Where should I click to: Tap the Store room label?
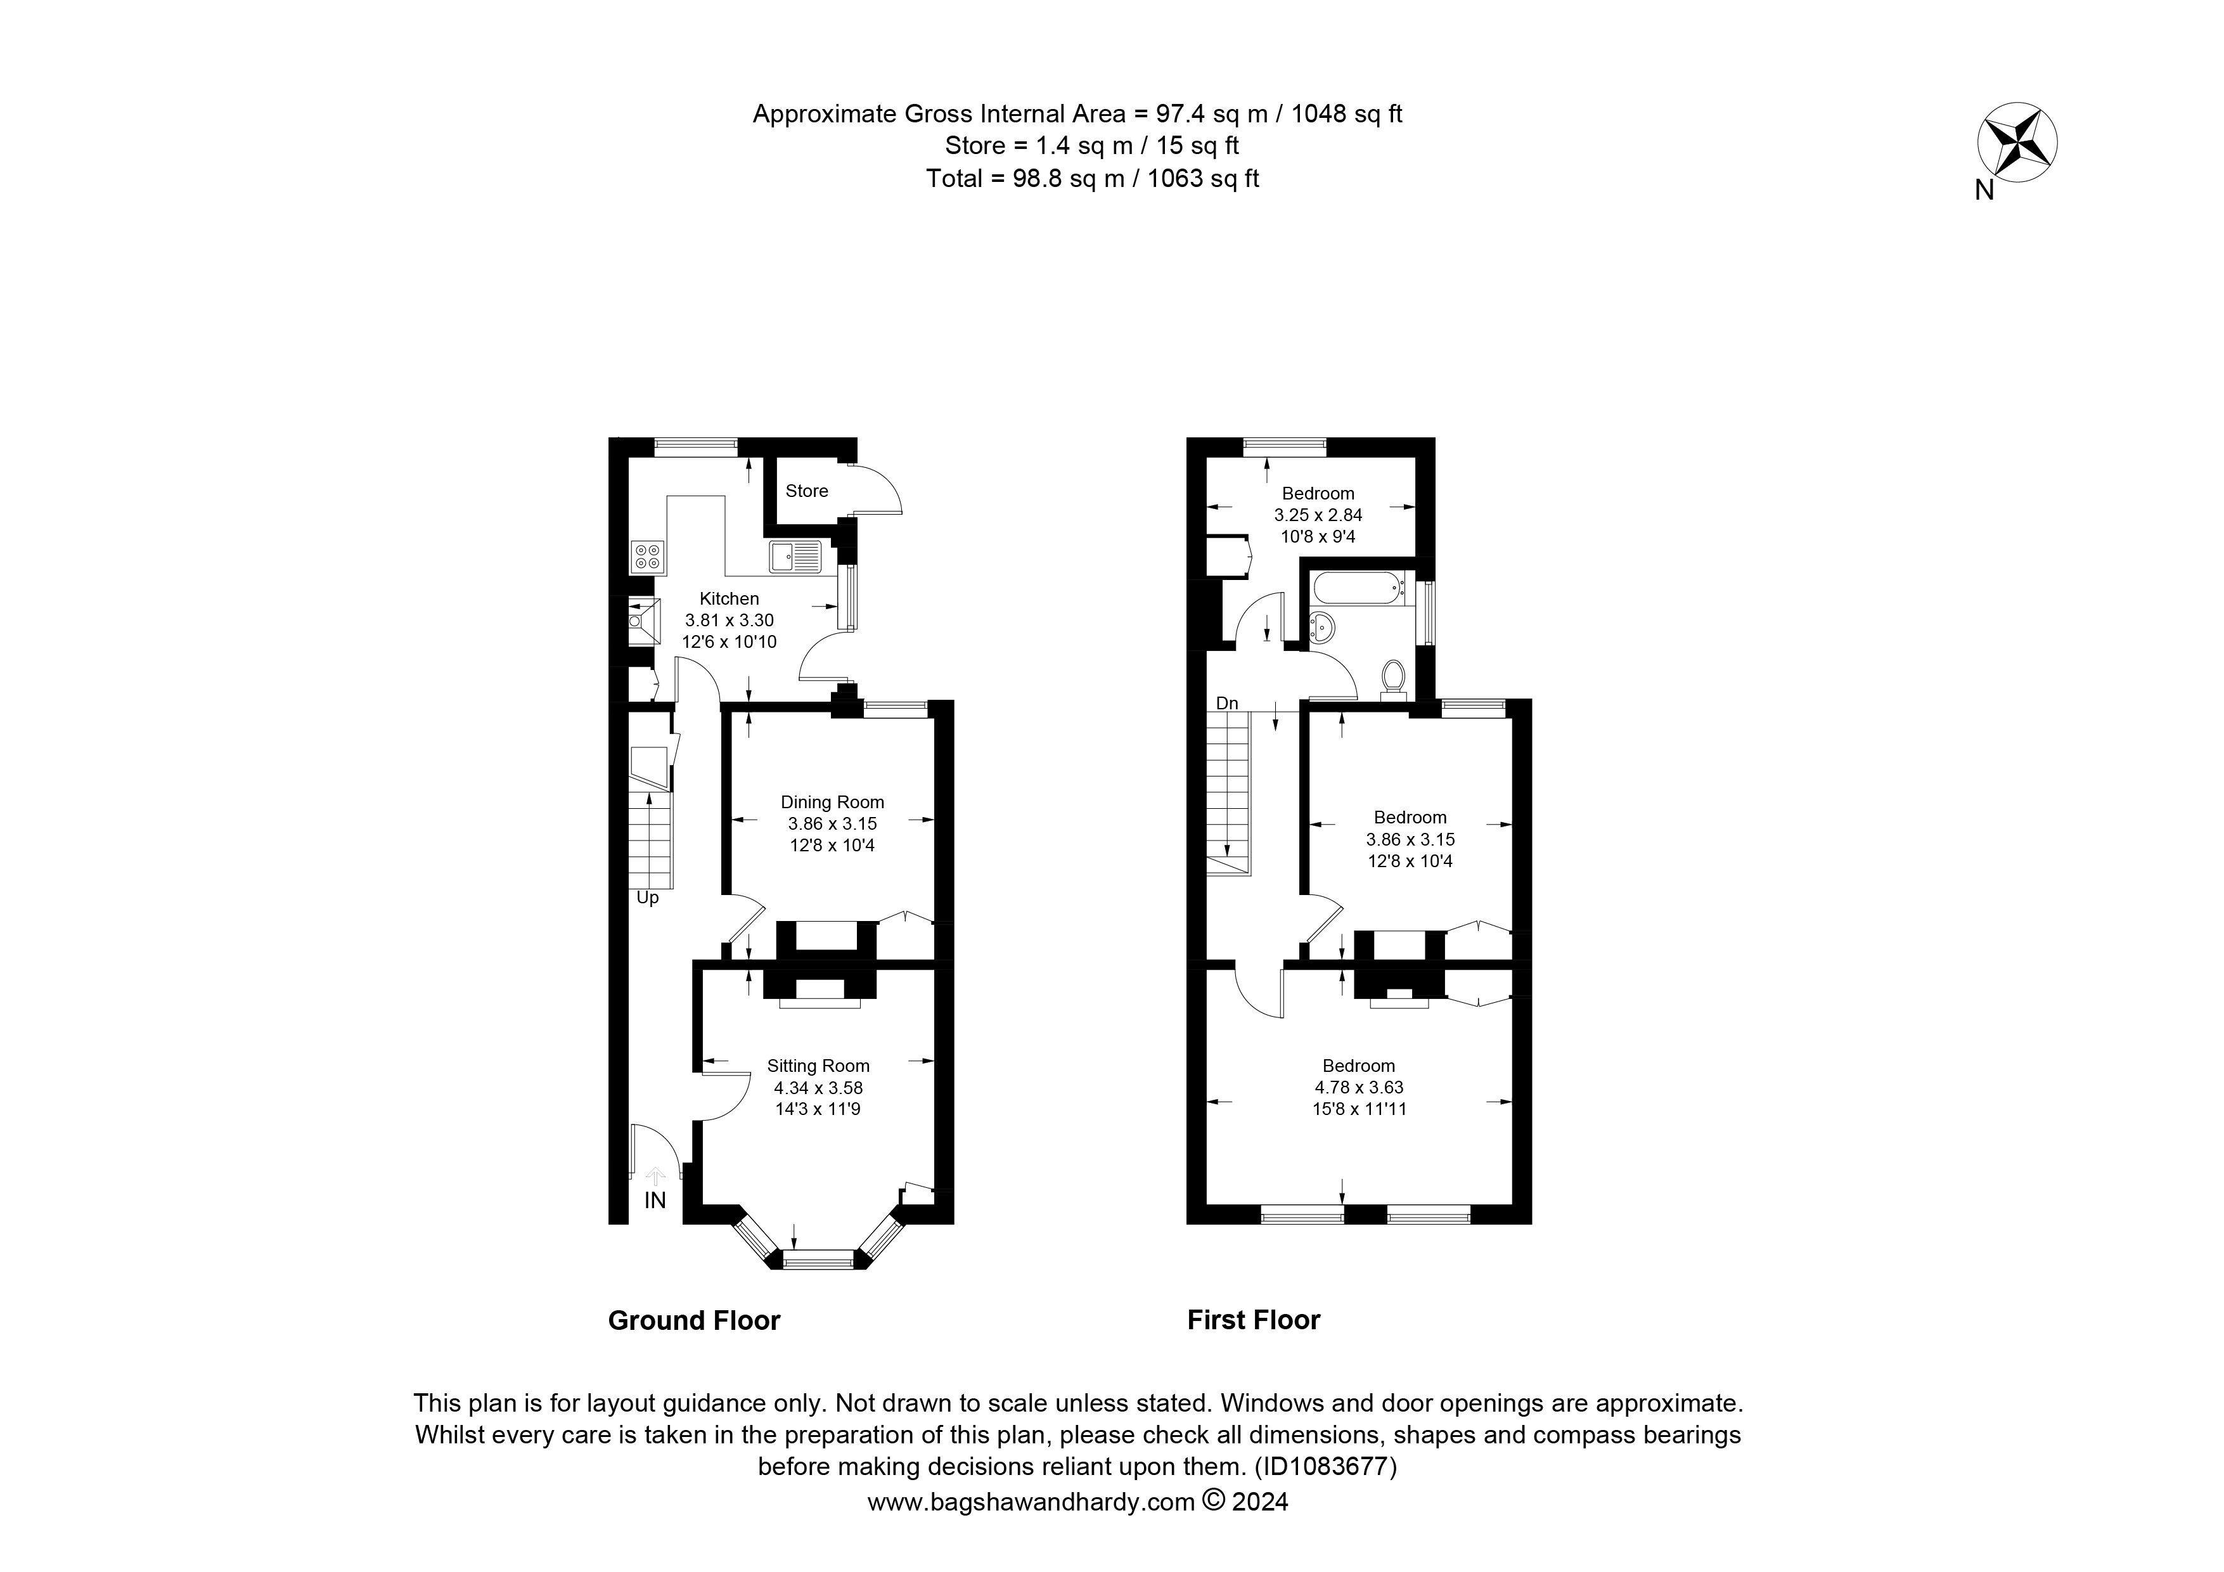[806, 491]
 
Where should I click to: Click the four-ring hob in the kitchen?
[647, 556]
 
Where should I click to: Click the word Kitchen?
[730, 598]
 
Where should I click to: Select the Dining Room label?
[832, 802]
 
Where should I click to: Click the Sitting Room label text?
[818, 1066]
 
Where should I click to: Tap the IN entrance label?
[656, 1201]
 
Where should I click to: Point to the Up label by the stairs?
[648, 898]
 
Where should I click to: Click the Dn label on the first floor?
[1227, 703]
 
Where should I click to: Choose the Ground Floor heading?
[693, 1320]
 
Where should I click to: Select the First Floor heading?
[1254, 1320]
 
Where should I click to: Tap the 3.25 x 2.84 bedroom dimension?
[1318, 515]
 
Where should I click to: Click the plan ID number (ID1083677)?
[1326, 1466]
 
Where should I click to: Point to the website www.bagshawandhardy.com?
[1031, 1502]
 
